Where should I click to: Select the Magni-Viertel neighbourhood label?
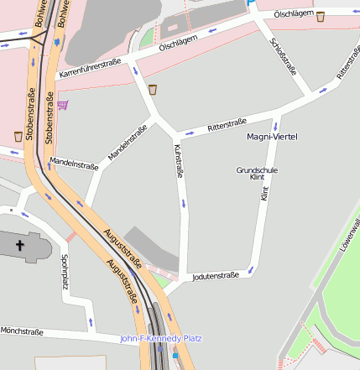pyautogui.click(x=273, y=136)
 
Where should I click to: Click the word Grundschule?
pyautogui.click(x=257, y=170)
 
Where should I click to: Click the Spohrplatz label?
pyautogui.click(x=65, y=273)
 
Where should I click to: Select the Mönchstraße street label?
pyautogui.click(x=22, y=331)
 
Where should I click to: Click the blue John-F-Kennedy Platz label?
pyautogui.click(x=161, y=338)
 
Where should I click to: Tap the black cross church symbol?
pyautogui.click(x=21, y=245)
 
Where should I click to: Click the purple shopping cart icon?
pyautogui.click(x=63, y=105)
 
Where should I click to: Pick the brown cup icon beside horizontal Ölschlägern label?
pyautogui.click(x=321, y=15)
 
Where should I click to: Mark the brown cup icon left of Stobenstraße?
pyautogui.click(x=18, y=135)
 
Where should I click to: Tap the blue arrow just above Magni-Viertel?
pyautogui.click(x=274, y=123)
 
